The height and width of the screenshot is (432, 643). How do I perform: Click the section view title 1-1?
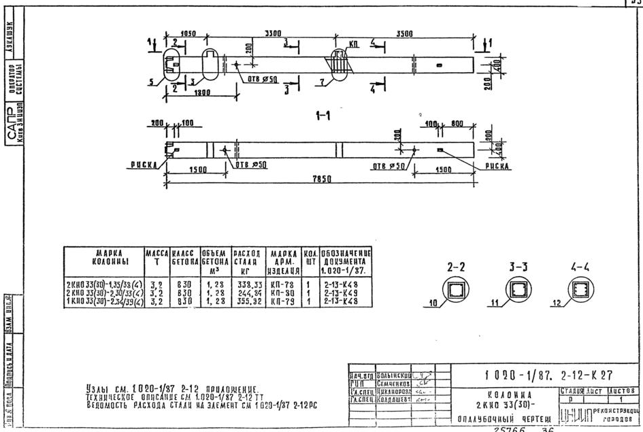coord(324,116)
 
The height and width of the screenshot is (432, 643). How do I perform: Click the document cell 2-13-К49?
coord(336,290)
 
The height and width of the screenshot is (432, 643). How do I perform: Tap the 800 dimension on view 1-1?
coord(457,124)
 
